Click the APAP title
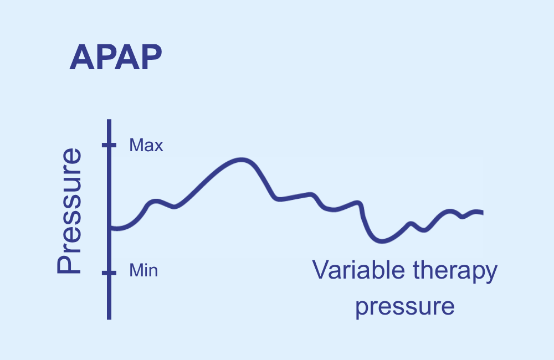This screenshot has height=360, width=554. (116, 57)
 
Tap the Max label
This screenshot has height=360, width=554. (146, 145)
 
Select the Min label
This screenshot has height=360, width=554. (143, 271)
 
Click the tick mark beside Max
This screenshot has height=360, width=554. (109, 145)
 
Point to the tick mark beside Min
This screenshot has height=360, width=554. (109, 272)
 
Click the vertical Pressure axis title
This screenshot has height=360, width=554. (69, 211)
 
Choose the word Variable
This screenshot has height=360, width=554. (358, 270)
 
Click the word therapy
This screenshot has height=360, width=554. (455, 271)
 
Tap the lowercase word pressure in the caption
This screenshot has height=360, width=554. (405, 307)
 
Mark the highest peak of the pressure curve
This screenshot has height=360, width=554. (242, 160)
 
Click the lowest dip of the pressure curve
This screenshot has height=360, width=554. (382, 241)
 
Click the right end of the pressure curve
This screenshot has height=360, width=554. (483, 213)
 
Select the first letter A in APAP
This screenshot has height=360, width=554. (82, 57)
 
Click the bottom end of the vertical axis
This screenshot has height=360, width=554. (109, 320)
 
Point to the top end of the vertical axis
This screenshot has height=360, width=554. (109, 120)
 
